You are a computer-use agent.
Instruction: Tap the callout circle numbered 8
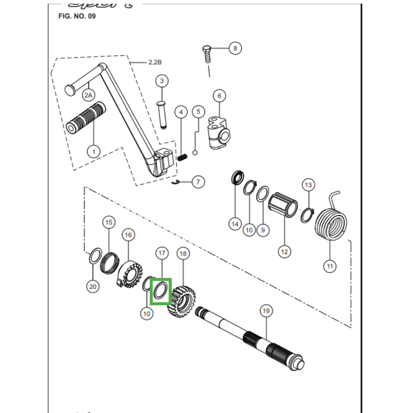coord(235,49)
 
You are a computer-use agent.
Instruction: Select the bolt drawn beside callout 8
coord(206,54)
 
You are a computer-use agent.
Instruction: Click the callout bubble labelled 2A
coord(89,95)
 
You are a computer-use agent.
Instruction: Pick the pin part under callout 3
coord(162,114)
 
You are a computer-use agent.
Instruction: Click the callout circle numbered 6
coord(219,96)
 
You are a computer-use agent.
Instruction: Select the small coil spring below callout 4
coord(182,155)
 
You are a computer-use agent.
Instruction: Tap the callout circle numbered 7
coord(198,182)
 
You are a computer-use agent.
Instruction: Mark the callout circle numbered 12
coord(284,251)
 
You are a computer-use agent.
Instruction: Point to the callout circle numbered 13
coord(308,185)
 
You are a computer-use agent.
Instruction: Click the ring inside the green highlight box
coord(160,290)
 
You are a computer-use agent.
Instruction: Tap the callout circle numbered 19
coord(266,311)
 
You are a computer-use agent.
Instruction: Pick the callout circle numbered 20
coord(93,286)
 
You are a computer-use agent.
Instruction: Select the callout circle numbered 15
coord(108,223)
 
